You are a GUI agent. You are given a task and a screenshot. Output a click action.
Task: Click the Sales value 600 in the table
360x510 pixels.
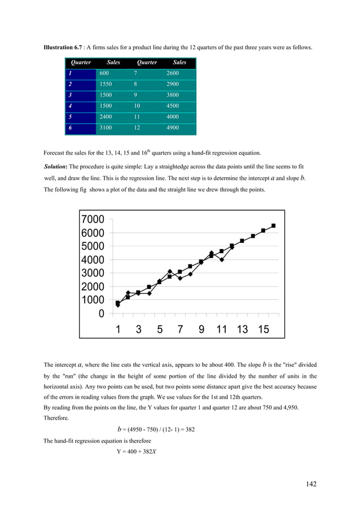(x=104, y=73)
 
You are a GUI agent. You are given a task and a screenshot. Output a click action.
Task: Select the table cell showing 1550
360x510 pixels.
(x=106, y=84)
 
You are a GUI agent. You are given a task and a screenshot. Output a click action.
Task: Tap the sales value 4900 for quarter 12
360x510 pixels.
(x=173, y=128)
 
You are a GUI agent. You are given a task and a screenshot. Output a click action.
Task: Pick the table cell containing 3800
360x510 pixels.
(x=173, y=95)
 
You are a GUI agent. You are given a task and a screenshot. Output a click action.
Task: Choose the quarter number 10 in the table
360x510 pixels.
(x=137, y=106)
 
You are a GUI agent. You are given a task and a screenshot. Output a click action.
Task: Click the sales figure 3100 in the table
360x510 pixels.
(x=106, y=128)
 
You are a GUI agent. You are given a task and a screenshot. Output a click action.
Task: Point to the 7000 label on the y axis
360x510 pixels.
(x=93, y=220)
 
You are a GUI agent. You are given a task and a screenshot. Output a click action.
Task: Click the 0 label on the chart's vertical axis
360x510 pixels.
(x=102, y=313)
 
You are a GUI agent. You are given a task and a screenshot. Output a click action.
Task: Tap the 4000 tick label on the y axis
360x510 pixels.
(x=93, y=260)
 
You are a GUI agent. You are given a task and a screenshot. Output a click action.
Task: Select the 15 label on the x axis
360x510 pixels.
(x=264, y=329)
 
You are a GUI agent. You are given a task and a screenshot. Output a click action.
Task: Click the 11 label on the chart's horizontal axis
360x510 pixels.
(x=222, y=329)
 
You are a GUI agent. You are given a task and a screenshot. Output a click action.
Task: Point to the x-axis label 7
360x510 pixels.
(x=180, y=329)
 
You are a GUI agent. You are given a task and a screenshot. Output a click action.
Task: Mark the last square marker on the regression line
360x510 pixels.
(x=274, y=226)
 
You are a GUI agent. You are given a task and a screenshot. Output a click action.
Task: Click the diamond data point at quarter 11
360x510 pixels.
(x=222, y=260)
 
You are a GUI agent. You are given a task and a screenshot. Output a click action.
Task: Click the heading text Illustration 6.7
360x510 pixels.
(x=63, y=47)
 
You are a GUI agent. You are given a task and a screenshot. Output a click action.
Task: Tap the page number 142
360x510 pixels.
(x=311, y=484)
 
